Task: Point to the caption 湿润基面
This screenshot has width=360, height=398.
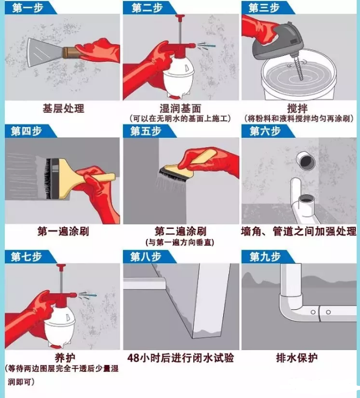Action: [180, 109]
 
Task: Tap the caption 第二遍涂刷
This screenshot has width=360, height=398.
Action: [180, 231]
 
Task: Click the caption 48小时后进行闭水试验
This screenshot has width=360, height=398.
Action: [181, 357]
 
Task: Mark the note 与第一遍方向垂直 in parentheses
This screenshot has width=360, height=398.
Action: [180, 243]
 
